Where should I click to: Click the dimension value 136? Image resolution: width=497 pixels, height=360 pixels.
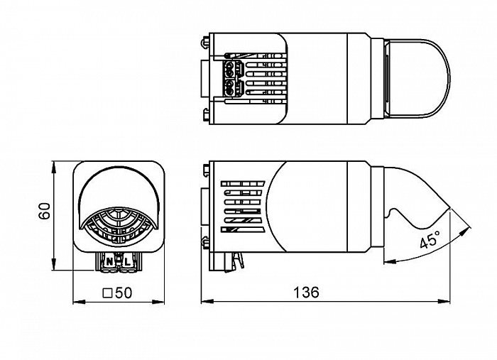coord(306,292)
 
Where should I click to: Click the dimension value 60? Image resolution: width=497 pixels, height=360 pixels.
coord(44,211)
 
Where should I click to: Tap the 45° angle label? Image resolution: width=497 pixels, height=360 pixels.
coord(430,239)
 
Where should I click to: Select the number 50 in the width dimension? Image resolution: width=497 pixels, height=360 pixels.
coord(124,293)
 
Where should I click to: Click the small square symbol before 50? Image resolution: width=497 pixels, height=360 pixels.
coord(108,293)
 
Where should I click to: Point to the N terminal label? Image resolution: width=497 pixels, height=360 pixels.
coord(109,262)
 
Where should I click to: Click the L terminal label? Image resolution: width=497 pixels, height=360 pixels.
coord(127,262)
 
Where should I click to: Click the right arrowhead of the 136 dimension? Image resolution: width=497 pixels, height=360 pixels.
coord(444,301)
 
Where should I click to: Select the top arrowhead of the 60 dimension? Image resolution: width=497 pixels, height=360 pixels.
coord(54,167)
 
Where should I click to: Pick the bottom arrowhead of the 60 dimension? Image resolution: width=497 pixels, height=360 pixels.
coord(54,264)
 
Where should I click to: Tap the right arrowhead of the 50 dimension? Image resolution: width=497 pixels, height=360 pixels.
coord(158,301)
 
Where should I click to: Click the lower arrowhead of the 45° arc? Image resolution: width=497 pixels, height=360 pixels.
coord(390,261)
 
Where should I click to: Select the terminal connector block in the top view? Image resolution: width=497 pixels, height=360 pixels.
coord(230,78)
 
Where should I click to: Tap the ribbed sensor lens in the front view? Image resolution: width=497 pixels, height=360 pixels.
coord(119,227)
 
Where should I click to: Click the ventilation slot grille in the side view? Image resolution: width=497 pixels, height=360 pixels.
coord(243,207)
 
